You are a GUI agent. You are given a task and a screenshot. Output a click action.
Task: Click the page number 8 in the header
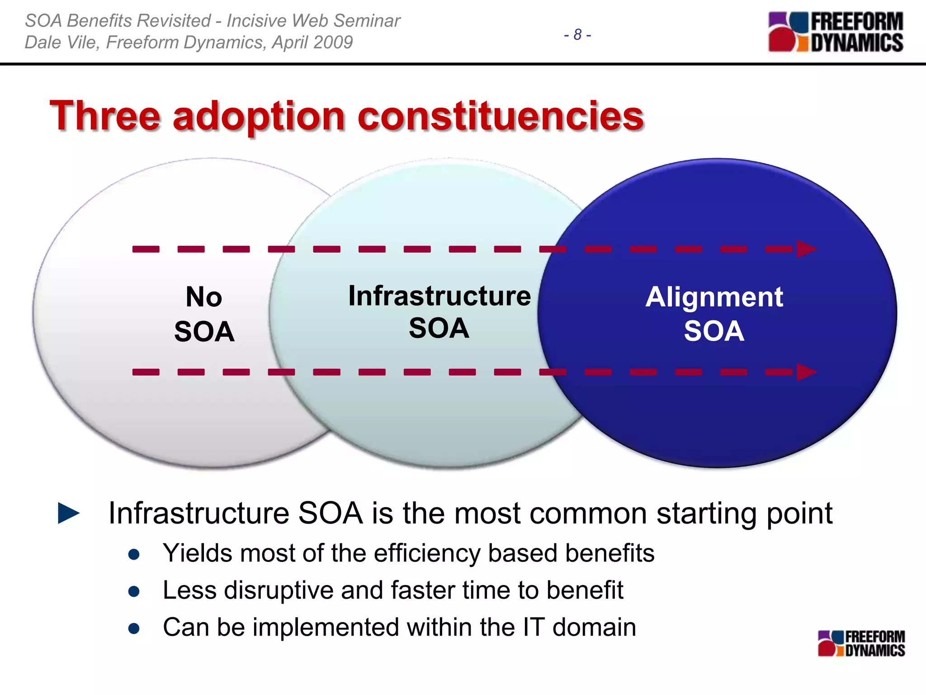coord(577,35)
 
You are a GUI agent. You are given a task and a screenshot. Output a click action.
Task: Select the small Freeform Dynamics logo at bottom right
coord(861,643)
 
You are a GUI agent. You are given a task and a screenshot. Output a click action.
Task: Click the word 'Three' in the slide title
coord(105,116)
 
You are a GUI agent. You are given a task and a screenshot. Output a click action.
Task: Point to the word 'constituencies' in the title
coord(501,116)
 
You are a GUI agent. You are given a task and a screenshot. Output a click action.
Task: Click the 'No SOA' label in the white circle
coord(204,314)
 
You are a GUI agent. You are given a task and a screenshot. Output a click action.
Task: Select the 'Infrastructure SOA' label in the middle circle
coord(439,312)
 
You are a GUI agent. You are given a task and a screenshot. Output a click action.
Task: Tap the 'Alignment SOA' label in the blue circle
coord(714,314)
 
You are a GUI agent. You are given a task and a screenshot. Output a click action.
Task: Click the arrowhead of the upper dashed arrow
coord(806,249)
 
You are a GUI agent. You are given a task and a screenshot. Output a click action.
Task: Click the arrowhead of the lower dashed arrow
coord(806,372)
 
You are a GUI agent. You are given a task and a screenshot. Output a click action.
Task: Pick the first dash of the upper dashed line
coord(146,249)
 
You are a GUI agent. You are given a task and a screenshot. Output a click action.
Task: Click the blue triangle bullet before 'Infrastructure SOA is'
coord(69,513)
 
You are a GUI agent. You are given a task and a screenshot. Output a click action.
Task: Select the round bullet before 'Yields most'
coord(133,555)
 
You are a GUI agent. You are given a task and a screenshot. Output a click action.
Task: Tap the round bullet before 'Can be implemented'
coord(133,628)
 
